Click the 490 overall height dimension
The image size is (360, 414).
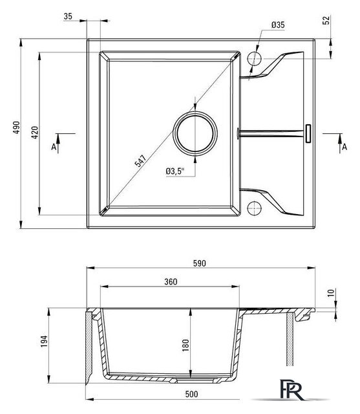point(17,127)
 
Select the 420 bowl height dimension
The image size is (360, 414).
point(35,133)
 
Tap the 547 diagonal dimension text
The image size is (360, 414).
point(140,161)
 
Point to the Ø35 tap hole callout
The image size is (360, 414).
point(278,25)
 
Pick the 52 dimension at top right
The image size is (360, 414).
point(326,20)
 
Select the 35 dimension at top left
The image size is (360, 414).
point(68,16)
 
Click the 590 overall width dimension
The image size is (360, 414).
point(199,263)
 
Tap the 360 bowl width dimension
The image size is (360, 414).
point(171,282)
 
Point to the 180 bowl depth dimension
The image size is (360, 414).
point(185,345)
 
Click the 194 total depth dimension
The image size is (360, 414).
point(44,341)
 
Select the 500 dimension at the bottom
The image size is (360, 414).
point(191,394)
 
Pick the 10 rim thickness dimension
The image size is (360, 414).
point(331,293)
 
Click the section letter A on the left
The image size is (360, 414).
point(54,147)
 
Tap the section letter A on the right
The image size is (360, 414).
point(344,147)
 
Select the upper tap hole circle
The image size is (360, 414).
point(255,58)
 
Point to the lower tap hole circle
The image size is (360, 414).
point(255,208)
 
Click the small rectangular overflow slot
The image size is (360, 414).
point(308,134)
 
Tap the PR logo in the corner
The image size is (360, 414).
point(292,389)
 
